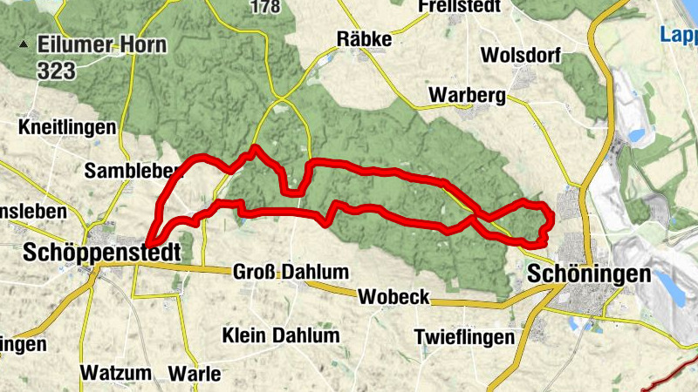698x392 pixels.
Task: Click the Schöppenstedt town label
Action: [103, 253]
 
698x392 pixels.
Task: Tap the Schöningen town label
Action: [589, 274]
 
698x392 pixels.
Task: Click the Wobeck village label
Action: [393, 297]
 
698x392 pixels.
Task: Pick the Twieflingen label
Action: [464, 337]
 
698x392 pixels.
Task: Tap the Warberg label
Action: [468, 96]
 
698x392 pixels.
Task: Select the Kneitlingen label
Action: [67, 127]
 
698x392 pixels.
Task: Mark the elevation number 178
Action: [263, 7]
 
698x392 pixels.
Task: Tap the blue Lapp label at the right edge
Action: [679, 36]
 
